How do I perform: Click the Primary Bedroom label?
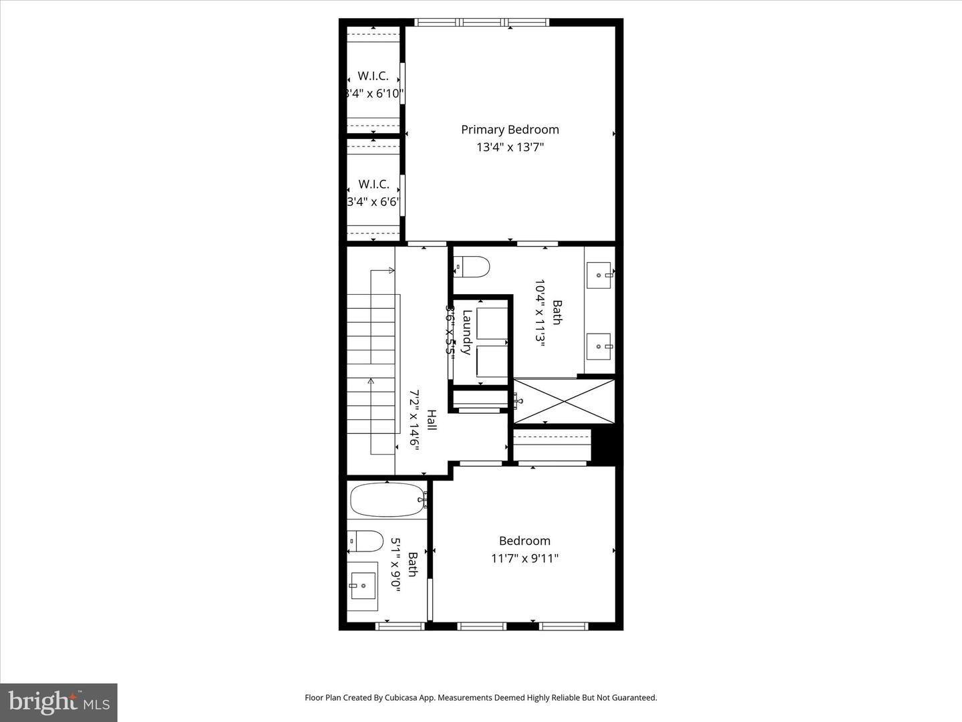point(510,130)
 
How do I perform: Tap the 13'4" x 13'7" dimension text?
point(510,147)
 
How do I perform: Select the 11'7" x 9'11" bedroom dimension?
point(524,558)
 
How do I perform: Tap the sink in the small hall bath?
point(363,586)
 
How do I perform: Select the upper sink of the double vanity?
point(599,274)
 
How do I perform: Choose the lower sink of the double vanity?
point(599,346)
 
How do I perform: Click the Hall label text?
point(432,420)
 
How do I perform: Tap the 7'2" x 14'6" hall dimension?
point(414,420)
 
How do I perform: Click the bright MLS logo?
point(59,702)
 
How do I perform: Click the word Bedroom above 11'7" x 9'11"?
point(524,541)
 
